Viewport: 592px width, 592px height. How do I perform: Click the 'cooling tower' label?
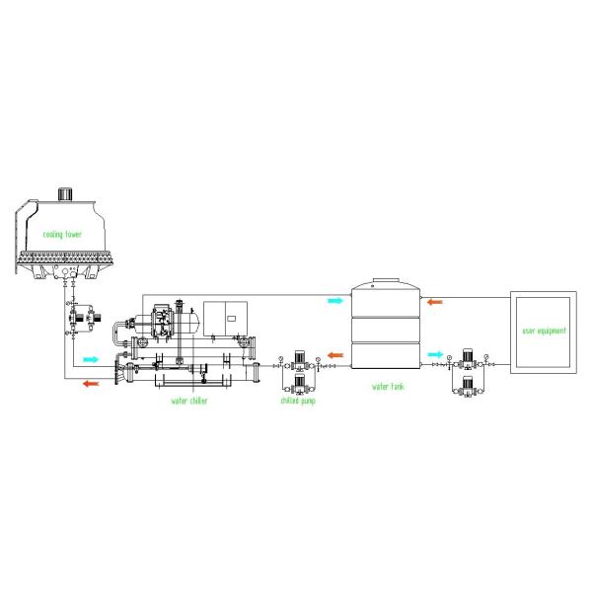[x=62, y=234]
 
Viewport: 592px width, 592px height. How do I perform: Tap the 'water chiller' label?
[x=189, y=401]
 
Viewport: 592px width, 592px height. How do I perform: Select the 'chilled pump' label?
[x=299, y=401]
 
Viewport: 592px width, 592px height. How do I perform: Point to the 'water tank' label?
[x=387, y=387]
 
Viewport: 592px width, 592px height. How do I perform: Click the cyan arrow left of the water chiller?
[x=93, y=359]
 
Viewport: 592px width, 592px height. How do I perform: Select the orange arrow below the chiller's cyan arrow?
[x=91, y=383]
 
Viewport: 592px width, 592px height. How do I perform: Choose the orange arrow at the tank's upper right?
[x=435, y=301]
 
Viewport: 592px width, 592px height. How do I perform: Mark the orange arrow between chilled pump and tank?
[x=334, y=354]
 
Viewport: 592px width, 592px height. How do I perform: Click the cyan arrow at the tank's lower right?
[x=435, y=354]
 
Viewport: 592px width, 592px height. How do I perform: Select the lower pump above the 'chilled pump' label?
[x=299, y=385]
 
